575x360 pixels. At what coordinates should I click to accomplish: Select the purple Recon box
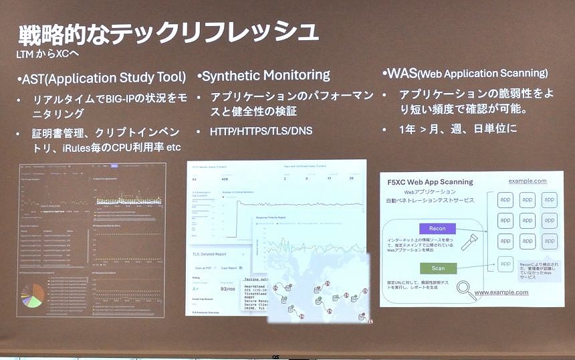437,228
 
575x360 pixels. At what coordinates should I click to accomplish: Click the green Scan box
437,268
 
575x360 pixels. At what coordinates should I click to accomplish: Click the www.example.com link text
510,292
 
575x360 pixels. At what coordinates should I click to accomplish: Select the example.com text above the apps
527,181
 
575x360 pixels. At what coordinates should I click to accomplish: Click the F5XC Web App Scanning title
429,181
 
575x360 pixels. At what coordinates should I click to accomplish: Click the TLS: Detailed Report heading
214,255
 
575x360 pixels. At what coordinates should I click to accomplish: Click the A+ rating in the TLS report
195,288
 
